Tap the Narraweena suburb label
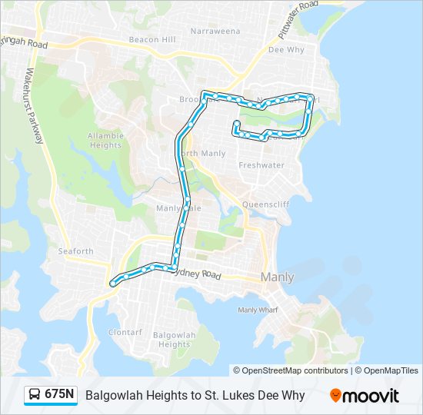tap(215, 32)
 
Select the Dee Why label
tap(286, 50)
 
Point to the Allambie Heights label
tap(105, 140)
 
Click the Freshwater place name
tap(261, 165)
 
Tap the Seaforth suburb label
tap(75, 251)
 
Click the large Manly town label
tap(277, 277)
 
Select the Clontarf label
tap(125, 333)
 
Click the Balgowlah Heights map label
tap(175, 340)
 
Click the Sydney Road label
tap(198, 274)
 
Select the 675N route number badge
tap(60, 395)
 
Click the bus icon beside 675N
tap(35, 395)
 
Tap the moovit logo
tap(365, 396)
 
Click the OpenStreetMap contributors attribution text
tap(295, 370)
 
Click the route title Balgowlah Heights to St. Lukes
tap(195, 396)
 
